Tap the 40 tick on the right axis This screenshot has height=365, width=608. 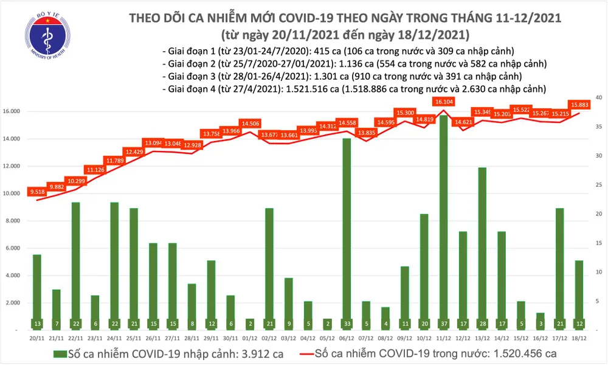pos(599,97)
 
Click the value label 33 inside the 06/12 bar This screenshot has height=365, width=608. pos(347,322)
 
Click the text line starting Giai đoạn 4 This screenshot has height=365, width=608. pos(353,89)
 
